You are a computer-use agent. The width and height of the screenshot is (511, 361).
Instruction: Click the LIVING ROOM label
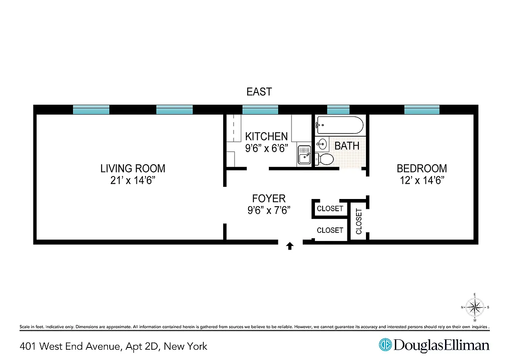132,168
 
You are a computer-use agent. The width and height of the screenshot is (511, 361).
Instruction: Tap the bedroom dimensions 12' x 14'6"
422,180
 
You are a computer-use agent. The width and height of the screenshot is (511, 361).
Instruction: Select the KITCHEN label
266,136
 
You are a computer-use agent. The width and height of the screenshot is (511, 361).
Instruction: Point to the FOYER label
269,198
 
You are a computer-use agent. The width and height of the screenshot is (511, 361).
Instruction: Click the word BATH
347,146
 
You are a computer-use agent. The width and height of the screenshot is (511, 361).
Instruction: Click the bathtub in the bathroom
339,125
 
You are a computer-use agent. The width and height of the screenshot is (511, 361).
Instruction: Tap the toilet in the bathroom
324,159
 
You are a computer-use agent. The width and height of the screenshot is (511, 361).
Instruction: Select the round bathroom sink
322,144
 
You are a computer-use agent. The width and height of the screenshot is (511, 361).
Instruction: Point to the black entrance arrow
290,246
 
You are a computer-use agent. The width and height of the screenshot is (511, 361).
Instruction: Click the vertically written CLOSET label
359,221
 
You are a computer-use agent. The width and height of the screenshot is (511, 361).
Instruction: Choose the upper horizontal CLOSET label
330,208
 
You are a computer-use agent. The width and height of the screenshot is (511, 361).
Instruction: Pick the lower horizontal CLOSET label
330,230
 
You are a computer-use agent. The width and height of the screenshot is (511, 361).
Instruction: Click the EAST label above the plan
259,92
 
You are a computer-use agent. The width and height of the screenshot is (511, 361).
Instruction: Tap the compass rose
474,308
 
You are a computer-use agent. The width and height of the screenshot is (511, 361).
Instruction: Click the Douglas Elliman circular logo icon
385,345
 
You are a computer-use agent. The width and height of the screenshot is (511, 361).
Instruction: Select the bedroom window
422,110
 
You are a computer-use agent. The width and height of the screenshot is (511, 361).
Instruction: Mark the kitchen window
260,110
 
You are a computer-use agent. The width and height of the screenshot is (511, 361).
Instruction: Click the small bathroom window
338,110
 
